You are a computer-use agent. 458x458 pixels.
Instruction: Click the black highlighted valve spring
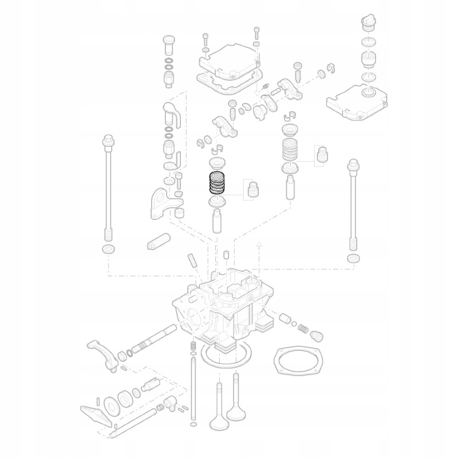point(217,183)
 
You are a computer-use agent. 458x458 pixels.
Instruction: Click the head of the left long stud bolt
point(106,140)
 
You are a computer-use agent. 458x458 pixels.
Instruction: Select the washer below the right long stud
point(354,259)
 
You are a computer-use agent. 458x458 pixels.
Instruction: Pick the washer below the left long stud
point(107,249)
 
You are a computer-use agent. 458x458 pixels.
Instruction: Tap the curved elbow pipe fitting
point(172,112)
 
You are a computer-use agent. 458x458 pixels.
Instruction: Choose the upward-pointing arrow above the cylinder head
point(259,245)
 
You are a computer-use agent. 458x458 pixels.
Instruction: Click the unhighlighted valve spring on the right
point(291,151)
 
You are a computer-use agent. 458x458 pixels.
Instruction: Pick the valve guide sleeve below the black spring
point(218,221)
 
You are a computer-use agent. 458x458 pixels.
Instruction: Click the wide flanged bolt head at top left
point(168,41)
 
